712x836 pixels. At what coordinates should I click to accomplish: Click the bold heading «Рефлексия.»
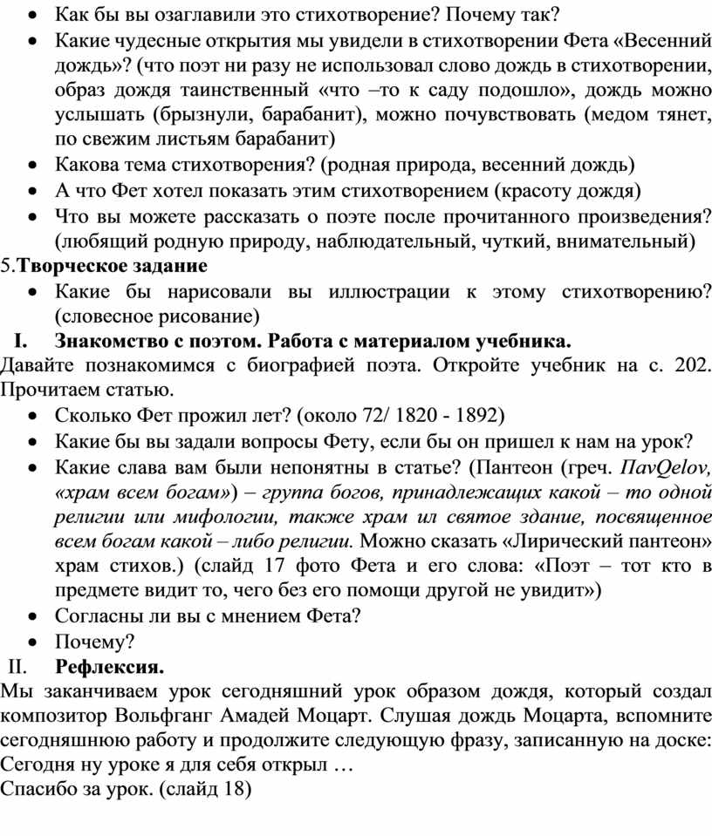109,668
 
